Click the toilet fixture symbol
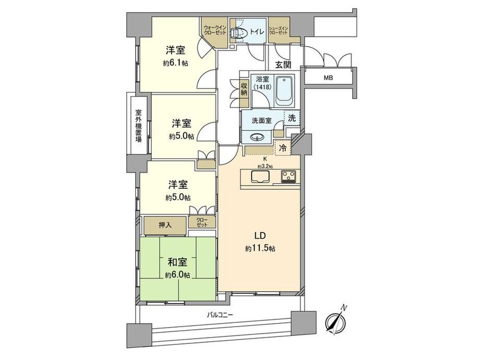237,32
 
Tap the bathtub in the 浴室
284,90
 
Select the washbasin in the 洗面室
257,137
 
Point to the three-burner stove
289,177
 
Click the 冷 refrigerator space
283,149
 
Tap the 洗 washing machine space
292,118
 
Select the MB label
328,78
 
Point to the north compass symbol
336,320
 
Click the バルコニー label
220,315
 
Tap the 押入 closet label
165,225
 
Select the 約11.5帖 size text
260,248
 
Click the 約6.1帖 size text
175,63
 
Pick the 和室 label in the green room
177,262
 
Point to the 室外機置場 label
138,126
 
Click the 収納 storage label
244,89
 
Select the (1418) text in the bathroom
262,87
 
